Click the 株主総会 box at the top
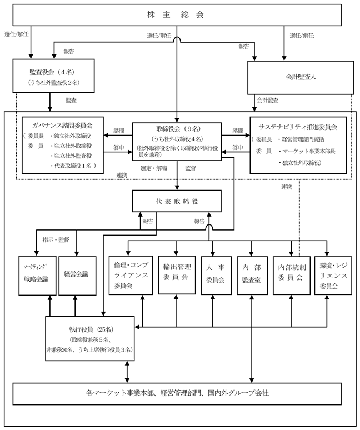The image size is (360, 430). (x=177, y=15)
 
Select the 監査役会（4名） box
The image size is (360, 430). (x=53, y=76)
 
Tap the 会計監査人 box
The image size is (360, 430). (x=301, y=77)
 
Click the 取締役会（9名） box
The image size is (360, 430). (x=177, y=142)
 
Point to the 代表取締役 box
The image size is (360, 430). (x=177, y=201)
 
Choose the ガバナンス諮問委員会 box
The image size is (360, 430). (x=63, y=146)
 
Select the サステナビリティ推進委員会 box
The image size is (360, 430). (x=298, y=146)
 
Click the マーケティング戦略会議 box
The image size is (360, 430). (x=37, y=276)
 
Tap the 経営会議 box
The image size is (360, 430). (x=78, y=276)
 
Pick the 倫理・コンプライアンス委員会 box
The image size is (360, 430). (x=131, y=276)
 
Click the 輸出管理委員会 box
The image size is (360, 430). (x=177, y=275)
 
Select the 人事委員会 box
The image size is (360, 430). (x=216, y=276)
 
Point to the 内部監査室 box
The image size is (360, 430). (x=252, y=276)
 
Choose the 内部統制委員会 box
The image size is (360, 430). (x=292, y=276)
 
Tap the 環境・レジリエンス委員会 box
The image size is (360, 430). (x=333, y=276)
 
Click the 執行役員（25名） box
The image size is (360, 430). (x=90, y=338)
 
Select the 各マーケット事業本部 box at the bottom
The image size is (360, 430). (x=177, y=394)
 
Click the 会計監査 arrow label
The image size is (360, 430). (x=268, y=101)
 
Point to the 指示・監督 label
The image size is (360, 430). (x=56, y=239)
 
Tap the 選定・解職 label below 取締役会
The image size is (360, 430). (x=154, y=168)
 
